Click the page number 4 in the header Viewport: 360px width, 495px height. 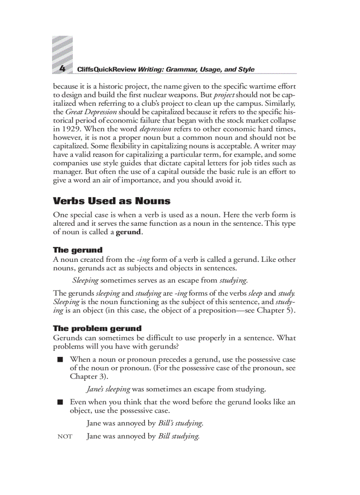[62, 69]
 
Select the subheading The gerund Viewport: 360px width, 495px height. [78, 250]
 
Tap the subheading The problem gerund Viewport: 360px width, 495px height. [97, 328]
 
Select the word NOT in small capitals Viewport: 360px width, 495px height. [65, 437]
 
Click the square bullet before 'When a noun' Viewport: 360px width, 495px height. [60, 360]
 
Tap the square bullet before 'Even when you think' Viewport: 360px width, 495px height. [60, 402]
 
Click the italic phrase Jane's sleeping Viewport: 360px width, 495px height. [108, 389]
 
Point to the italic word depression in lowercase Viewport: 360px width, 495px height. [155, 129]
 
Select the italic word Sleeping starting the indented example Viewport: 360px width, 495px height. [86, 280]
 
